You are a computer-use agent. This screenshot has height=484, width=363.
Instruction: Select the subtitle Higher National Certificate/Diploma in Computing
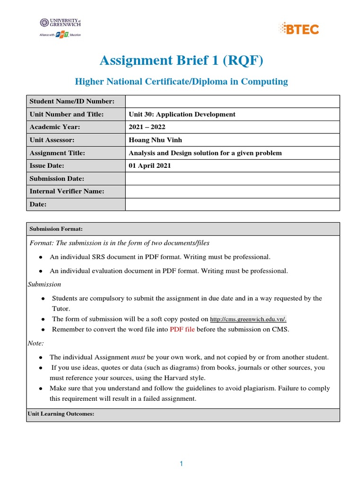(181, 82)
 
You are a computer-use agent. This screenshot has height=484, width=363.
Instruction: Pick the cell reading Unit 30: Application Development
(182, 114)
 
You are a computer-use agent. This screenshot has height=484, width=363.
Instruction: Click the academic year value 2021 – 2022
(147, 127)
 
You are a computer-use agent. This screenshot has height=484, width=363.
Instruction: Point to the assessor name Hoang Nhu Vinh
(155, 140)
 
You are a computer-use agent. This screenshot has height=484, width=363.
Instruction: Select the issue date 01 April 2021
(150, 166)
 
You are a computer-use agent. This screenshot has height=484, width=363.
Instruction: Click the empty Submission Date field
(232, 179)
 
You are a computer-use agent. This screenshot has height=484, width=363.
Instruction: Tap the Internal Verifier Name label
(67, 191)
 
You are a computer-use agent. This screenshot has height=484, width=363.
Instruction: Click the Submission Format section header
(56, 229)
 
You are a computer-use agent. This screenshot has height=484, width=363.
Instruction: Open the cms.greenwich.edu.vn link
(248, 319)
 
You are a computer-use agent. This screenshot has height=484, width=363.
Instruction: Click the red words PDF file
(182, 329)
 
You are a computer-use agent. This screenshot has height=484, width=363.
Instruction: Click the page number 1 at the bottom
(181, 464)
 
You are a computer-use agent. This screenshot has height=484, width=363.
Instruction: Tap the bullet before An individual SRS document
(41, 257)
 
